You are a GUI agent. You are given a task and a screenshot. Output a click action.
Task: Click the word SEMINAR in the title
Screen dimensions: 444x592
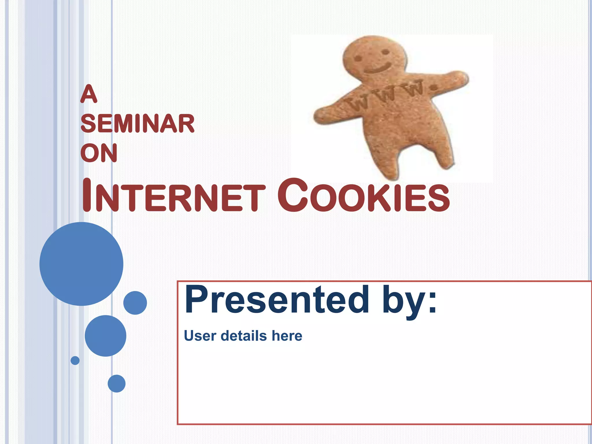tap(138, 124)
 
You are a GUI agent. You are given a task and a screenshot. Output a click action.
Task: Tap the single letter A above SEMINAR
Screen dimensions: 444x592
tap(89, 94)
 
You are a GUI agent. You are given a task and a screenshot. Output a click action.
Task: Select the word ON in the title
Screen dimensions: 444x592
tap(99, 153)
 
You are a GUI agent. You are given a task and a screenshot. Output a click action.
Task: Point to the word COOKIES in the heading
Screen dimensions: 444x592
tap(363, 195)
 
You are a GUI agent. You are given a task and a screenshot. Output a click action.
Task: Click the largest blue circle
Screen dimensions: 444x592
tap(82, 264)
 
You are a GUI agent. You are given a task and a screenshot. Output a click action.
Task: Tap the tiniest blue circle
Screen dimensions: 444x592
tap(75, 360)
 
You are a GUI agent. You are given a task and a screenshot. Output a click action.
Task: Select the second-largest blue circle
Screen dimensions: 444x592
tap(106, 336)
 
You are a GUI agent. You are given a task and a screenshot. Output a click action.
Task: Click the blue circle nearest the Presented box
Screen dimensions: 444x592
tap(135, 303)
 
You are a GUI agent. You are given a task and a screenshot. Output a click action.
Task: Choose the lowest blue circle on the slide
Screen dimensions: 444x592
tap(116, 383)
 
